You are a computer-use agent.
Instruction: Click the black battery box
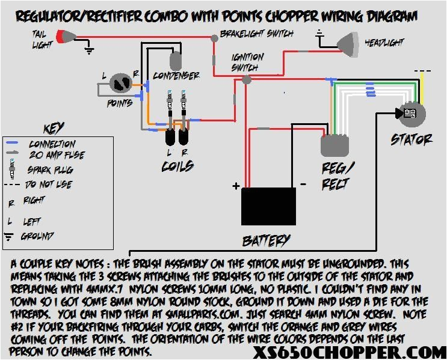[268, 206]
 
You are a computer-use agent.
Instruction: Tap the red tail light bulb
[62, 38]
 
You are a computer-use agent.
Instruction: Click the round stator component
[412, 114]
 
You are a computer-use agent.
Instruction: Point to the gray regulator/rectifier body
[334, 145]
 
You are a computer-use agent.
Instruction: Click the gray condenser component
[176, 60]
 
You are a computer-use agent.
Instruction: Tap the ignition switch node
[245, 79]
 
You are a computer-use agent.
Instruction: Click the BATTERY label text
[266, 240]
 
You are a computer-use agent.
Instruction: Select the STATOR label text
[412, 139]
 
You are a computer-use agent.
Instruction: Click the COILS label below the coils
[177, 165]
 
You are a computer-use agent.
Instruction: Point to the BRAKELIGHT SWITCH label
[256, 34]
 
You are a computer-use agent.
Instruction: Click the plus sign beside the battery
[236, 185]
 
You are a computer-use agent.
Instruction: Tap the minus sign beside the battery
[304, 184]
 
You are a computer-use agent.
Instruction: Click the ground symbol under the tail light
[90, 50]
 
